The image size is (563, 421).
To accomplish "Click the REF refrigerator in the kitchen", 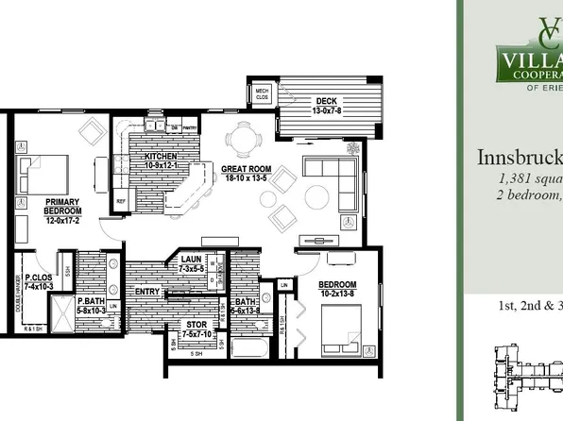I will point(121,201).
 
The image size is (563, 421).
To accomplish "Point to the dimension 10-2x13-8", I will point(337,295).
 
